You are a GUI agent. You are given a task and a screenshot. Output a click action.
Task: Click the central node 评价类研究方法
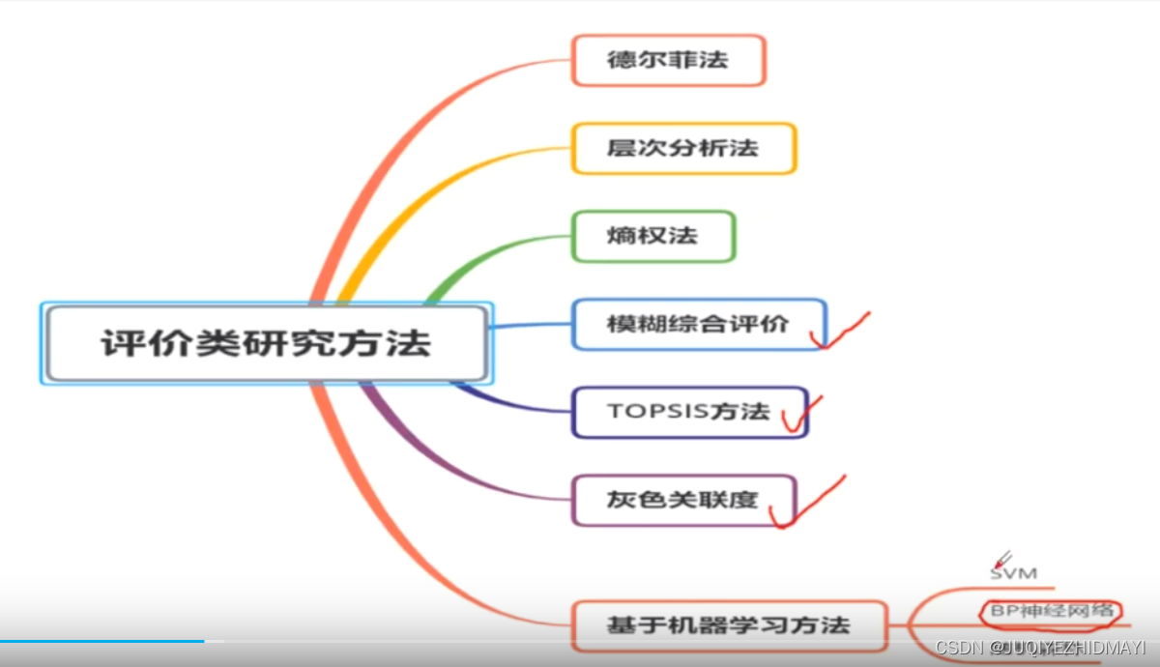click(266, 343)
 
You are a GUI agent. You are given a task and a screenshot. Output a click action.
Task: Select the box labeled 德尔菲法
click(668, 60)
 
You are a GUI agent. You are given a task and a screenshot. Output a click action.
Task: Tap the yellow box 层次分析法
click(682, 148)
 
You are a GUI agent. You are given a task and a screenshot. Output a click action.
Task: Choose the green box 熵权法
click(652, 236)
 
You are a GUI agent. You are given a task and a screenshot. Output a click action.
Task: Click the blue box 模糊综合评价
click(698, 324)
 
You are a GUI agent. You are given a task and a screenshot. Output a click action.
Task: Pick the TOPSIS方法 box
click(688, 412)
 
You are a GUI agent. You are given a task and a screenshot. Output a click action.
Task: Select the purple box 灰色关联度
click(682, 500)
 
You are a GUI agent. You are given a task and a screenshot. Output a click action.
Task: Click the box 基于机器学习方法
click(728, 624)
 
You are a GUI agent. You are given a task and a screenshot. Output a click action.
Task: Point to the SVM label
click(1013, 573)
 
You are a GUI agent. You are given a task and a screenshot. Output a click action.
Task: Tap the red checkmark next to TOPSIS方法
click(800, 415)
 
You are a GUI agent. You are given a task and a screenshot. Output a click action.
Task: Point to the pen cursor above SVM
click(1001, 559)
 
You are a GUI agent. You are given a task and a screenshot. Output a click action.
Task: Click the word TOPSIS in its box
click(657, 412)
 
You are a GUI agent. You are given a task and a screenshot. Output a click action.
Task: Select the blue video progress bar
click(101, 641)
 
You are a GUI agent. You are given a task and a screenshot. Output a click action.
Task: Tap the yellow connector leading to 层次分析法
click(435, 184)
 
